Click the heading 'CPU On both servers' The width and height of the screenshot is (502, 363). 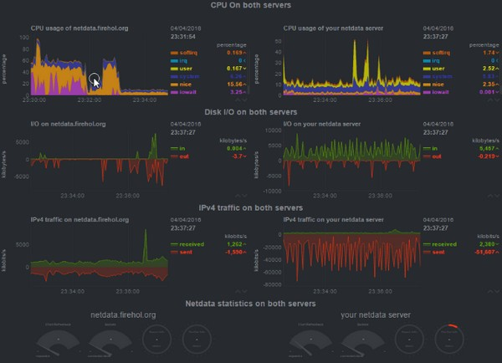click(x=251, y=6)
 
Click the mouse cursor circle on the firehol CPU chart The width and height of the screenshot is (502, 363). click(x=95, y=81)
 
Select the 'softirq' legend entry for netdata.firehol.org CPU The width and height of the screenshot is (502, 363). click(x=187, y=53)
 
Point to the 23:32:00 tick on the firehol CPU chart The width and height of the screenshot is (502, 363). click(x=90, y=100)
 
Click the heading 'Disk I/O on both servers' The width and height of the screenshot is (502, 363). click(x=251, y=111)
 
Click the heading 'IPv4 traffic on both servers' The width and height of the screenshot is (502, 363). click(x=251, y=207)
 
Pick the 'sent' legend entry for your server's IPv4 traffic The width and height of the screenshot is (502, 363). click(x=438, y=252)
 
